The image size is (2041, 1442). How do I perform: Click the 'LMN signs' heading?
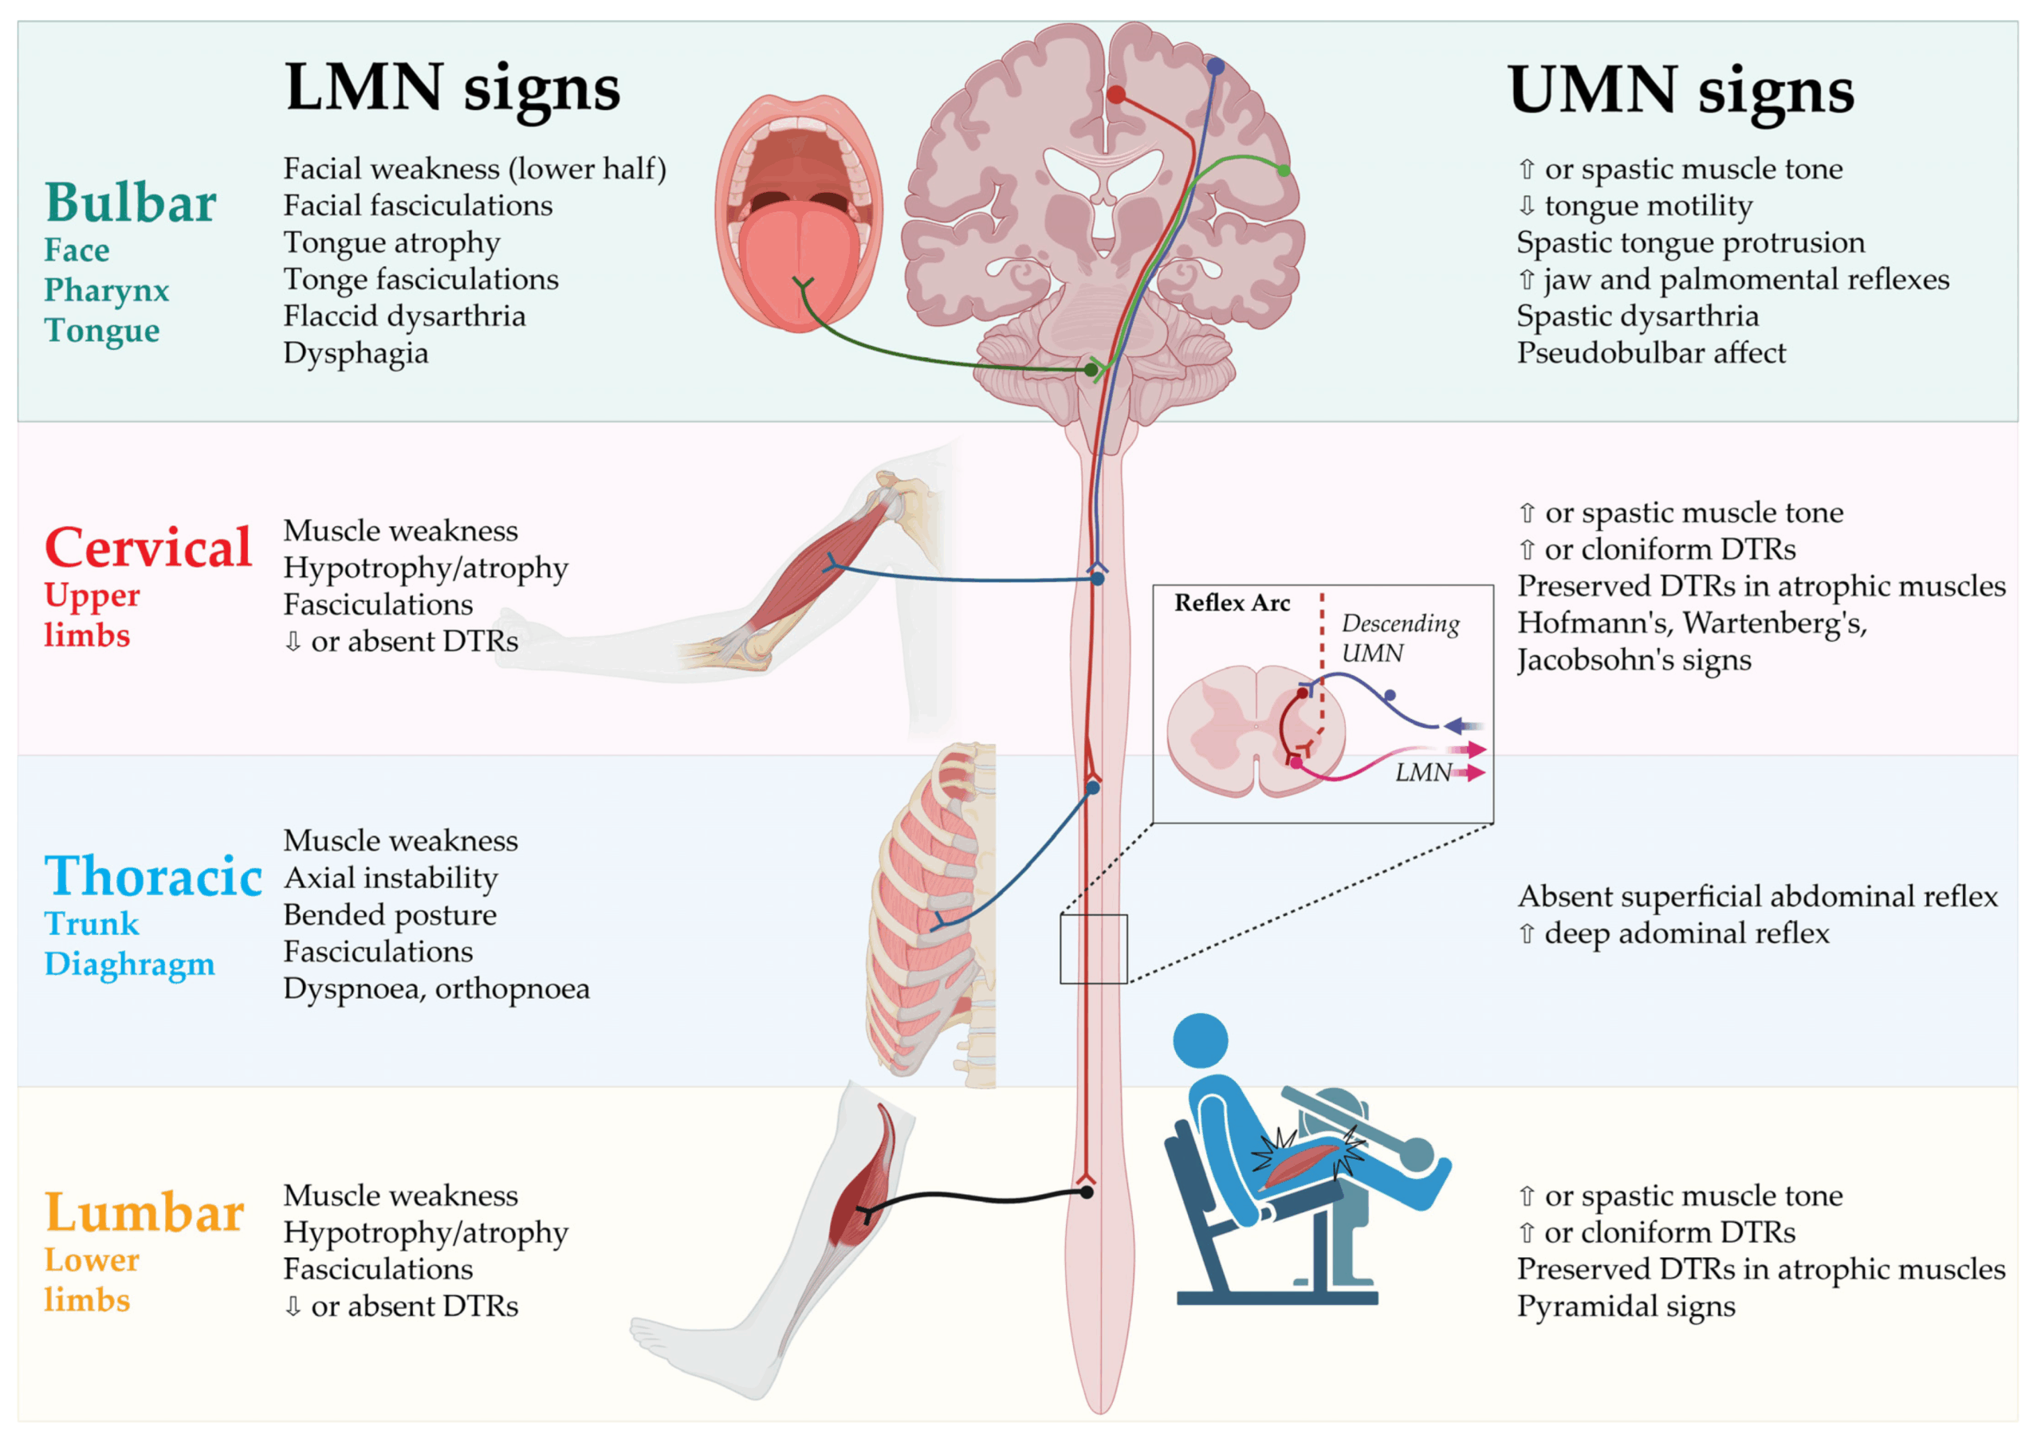pos(453,89)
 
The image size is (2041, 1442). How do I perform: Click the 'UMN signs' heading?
pos(1681,91)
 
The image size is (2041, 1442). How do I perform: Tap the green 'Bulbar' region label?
pos(131,202)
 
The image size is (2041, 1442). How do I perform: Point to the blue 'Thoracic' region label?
pos(154,876)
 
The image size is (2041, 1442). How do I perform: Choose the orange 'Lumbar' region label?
pos(145,1212)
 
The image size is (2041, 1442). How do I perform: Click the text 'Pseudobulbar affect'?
pos(1651,353)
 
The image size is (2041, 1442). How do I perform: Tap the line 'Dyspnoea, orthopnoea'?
pos(436,988)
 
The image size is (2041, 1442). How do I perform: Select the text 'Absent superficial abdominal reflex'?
pos(1757,896)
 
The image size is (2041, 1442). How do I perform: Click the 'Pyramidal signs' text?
pos(1626,1306)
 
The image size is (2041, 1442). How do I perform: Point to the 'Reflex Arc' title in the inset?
pos(1232,603)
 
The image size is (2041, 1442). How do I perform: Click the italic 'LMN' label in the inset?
pos(1423,772)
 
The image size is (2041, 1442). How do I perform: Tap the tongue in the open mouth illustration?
pos(799,265)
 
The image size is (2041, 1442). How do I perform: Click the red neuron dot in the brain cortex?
pos(1116,95)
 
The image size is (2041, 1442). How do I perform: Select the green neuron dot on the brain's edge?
pos(1284,170)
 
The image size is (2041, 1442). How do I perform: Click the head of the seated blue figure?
pos(1200,1041)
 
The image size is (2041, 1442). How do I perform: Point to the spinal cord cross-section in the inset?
pos(1255,730)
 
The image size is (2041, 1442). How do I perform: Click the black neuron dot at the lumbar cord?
pos(1087,1192)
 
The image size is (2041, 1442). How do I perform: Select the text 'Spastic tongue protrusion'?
pos(1691,242)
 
